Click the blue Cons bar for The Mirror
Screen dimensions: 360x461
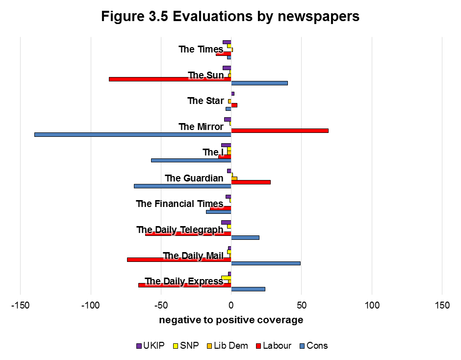tap(132, 134)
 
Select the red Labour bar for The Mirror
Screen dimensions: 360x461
tap(280, 130)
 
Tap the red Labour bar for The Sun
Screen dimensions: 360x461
tap(170, 79)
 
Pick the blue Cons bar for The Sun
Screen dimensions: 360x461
tap(259, 83)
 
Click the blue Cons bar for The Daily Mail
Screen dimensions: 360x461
tap(265, 263)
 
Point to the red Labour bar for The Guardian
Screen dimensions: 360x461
tap(251, 182)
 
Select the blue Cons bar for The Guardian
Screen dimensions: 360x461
tap(182, 186)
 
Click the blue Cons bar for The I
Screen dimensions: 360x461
tap(191, 160)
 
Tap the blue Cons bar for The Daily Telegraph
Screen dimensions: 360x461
tap(245, 237)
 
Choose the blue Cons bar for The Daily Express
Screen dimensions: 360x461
tap(248, 289)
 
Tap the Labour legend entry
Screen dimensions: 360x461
tap(273, 346)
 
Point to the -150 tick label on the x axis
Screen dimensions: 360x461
tap(20, 305)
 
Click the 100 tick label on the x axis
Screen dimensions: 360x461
tap(372, 305)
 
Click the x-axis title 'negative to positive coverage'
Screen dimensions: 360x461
tap(231, 320)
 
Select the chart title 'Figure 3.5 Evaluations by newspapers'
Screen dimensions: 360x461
tap(230, 16)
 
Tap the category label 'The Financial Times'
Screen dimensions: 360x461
tap(179, 204)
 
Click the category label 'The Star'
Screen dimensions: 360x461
tap(205, 101)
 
